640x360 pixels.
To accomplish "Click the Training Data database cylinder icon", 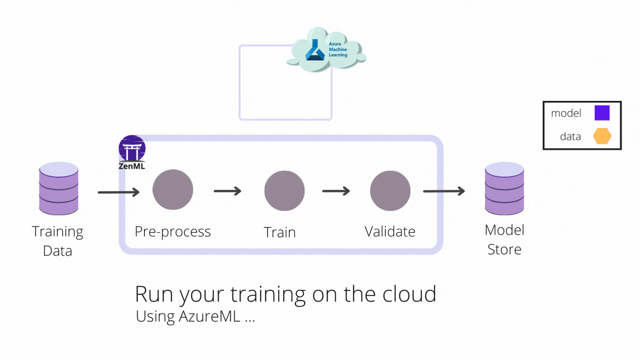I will point(59,188).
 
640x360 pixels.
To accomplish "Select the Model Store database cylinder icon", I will point(504,188).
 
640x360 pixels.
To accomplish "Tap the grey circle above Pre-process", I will point(173,190).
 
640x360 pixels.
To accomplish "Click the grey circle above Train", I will point(284,191).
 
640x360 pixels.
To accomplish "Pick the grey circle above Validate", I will point(390,191).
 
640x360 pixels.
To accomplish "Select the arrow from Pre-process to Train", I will point(228,191).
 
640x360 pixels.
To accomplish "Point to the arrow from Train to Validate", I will point(336,191).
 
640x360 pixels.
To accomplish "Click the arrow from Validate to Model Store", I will point(444,191).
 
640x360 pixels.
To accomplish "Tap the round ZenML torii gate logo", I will point(132,148).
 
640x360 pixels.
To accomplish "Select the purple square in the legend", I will point(602,113).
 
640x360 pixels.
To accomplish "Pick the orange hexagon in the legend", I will point(602,136).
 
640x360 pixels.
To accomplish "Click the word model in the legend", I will point(566,113).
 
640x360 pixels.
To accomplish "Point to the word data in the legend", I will point(570,136).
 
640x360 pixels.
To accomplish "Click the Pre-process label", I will point(173,232).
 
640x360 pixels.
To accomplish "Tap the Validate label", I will point(390,232).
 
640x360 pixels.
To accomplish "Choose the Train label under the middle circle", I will point(280,232).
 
